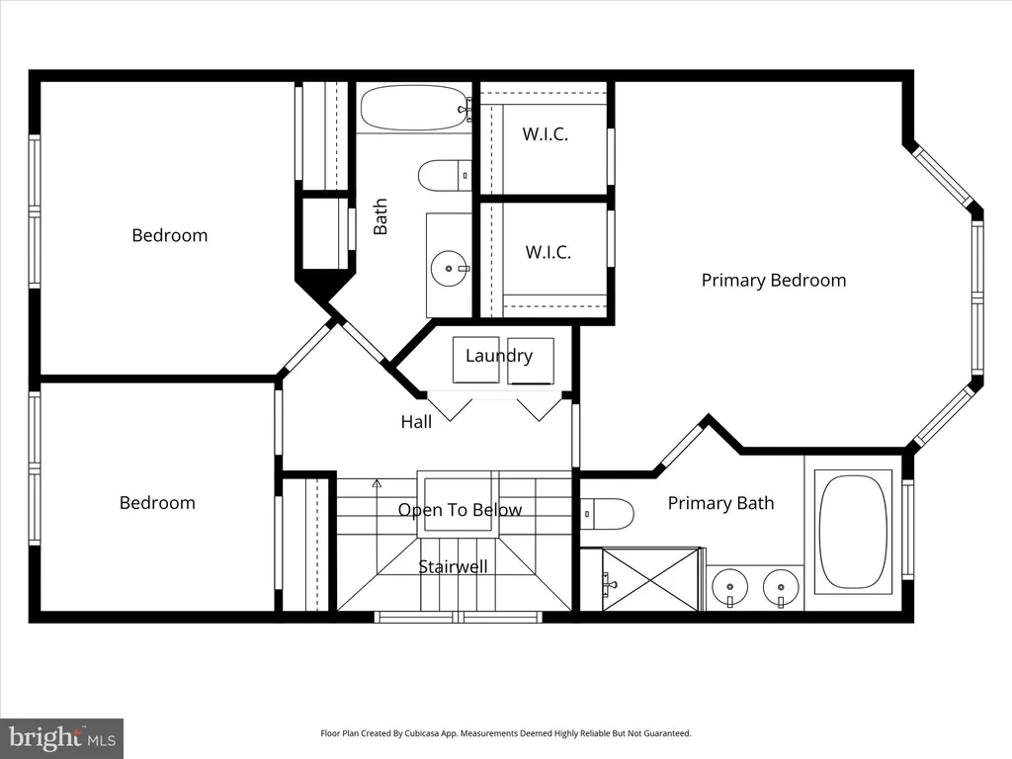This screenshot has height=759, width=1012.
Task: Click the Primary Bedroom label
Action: (x=773, y=280)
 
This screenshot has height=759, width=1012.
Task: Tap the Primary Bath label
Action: (x=720, y=503)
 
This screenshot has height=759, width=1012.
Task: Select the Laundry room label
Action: (x=499, y=356)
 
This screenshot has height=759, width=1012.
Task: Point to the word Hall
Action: (x=416, y=422)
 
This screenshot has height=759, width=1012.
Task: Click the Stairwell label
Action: (x=453, y=566)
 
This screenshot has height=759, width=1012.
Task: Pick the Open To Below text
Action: (x=460, y=510)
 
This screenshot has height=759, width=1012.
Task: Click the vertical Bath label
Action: (x=380, y=216)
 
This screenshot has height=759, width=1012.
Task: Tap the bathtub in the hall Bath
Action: (x=414, y=109)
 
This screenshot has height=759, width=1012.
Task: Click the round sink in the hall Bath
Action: (x=449, y=269)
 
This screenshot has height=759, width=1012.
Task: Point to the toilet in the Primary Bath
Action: (x=607, y=514)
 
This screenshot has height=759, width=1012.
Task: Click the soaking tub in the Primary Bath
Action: (x=853, y=532)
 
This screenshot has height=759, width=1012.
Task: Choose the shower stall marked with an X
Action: (x=650, y=579)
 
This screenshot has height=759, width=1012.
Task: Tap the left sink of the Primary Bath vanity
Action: (x=730, y=588)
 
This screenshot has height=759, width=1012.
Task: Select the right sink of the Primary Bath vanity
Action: (x=781, y=588)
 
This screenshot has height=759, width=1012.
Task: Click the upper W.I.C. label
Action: (x=546, y=134)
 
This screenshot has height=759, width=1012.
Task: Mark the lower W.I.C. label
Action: (x=548, y=252)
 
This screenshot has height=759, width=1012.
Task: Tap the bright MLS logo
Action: (x=62, y=737)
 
